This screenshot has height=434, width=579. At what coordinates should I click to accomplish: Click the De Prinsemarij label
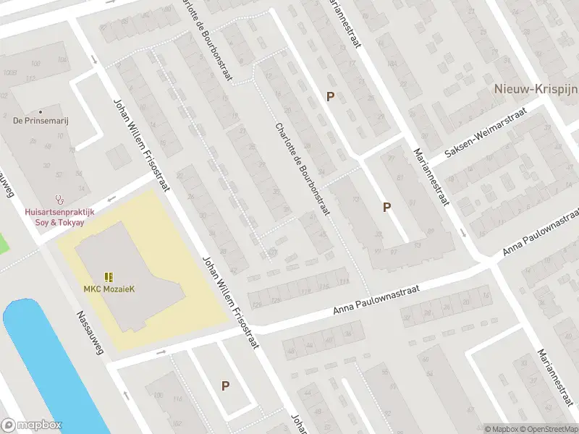pos(41,121)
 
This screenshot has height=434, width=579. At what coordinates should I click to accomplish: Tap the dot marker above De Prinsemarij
pos(41,111)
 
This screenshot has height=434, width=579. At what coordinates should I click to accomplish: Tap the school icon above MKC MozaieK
pos(109,277)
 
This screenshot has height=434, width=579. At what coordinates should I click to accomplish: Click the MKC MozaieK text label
pos(109,289)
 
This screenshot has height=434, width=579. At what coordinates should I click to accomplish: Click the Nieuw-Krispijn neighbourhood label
pos(536,89)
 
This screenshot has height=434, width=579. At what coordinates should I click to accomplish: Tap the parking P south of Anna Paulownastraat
pos(225,386)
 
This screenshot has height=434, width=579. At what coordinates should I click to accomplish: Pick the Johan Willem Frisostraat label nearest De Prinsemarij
pos(140,145)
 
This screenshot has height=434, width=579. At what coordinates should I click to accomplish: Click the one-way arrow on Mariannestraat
pos(463,233)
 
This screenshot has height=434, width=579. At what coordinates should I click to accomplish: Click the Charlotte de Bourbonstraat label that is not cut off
pos(303,169)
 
